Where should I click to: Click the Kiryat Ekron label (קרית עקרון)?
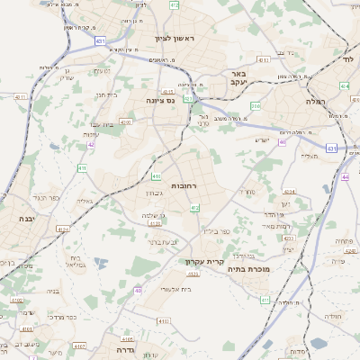coord(203,262)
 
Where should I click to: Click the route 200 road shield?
coord(256,106)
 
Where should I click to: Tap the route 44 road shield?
coord(346,177)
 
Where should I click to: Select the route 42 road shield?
coord(91,144)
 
